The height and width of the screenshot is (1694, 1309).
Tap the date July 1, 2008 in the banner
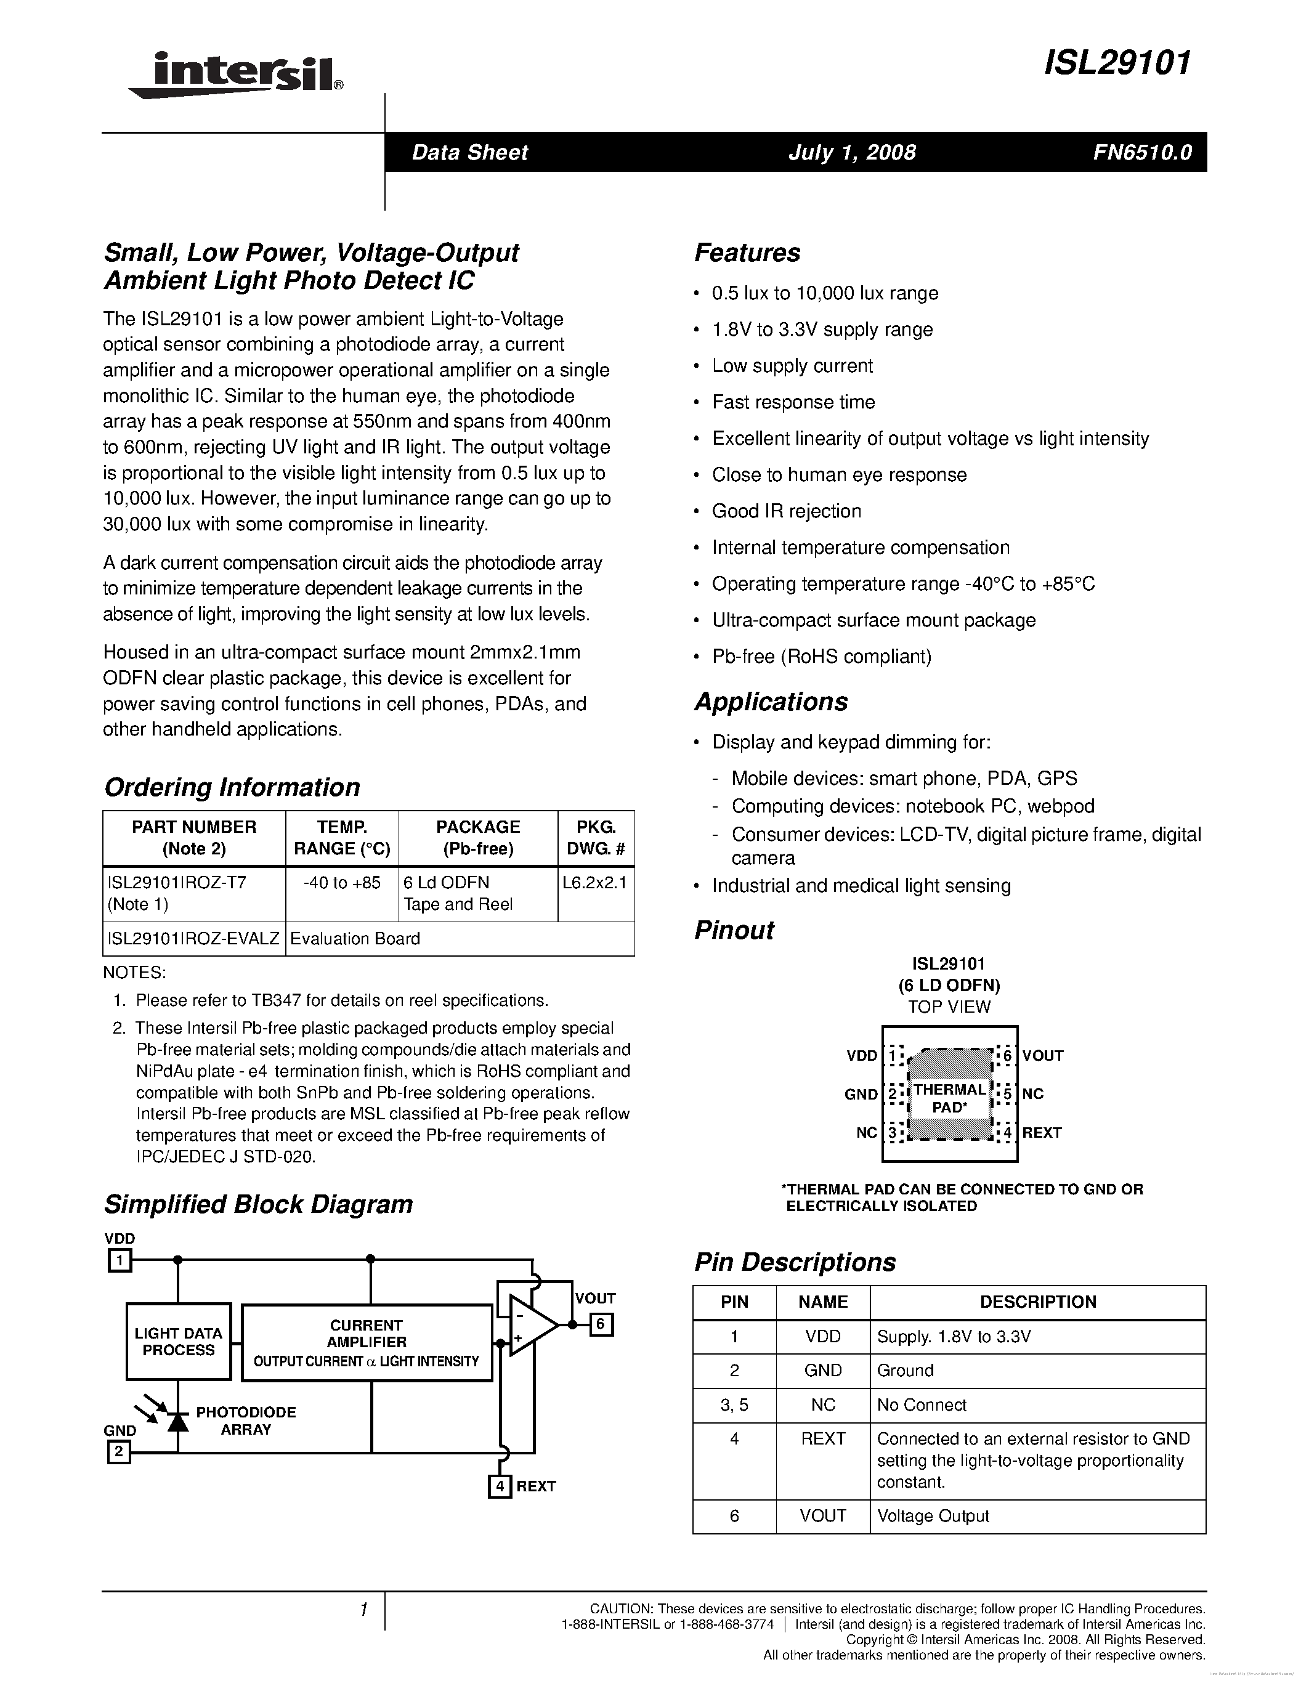point(851,153)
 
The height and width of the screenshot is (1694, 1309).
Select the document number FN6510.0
point(1141,153)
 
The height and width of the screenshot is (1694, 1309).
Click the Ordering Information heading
point(232,787)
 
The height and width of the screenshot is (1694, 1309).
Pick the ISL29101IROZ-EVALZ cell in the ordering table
point(194,939)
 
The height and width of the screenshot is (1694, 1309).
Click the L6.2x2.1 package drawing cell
point(595,883)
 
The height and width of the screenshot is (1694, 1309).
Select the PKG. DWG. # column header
point(595,838)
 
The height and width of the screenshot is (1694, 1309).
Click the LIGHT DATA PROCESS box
point(179,1341)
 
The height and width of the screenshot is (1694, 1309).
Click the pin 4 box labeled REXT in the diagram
point(500,1486)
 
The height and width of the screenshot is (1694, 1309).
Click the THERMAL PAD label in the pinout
point(949,1098)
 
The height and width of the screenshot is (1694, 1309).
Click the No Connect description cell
point(922,1404)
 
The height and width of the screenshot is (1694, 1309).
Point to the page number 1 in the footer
point(363,1610)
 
